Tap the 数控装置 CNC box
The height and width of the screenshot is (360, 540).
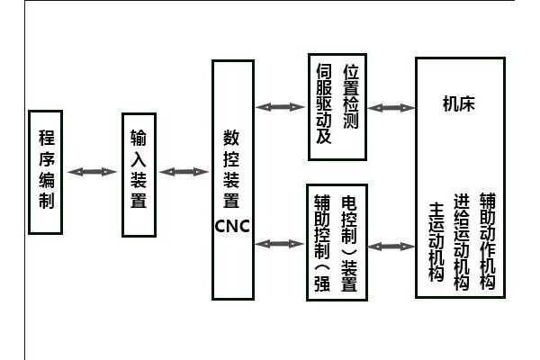(231, 179)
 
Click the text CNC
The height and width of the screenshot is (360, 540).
(232, 224)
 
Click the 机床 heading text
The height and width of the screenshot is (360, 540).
(458, 103)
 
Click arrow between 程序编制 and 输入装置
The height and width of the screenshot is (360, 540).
(94, 171)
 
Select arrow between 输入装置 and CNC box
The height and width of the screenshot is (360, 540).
(184, 171)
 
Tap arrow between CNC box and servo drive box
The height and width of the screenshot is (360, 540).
(278, 107)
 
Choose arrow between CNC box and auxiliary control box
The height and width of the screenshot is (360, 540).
(278, 243)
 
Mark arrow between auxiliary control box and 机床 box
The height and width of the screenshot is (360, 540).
(390, 245)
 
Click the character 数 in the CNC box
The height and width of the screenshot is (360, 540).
(231, 140)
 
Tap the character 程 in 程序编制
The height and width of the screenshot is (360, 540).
(48, 138)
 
